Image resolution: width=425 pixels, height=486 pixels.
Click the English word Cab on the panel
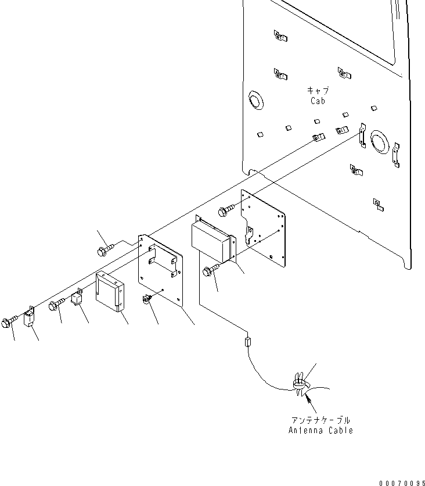[317, 101]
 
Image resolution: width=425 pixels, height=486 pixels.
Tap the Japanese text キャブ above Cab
[318, 90]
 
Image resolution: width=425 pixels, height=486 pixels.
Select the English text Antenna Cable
[320, 430]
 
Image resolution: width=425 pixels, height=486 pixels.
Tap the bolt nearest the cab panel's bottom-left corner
[226, 208]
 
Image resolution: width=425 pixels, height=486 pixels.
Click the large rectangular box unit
[212, 239]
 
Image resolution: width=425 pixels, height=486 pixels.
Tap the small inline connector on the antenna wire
[247, 342]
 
